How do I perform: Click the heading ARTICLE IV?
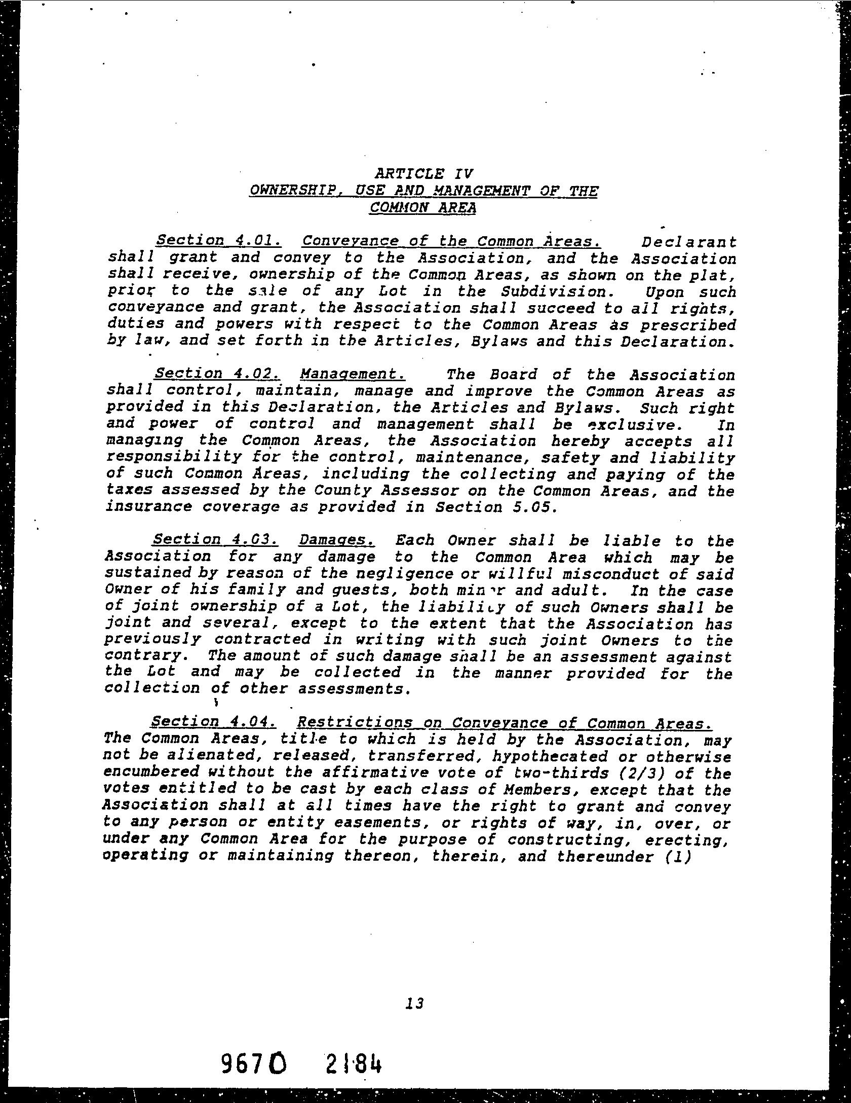coord(423,174)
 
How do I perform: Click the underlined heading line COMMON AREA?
coord(423,208)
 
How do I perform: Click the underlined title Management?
coord(353,375)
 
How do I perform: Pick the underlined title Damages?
coord(337,540)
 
